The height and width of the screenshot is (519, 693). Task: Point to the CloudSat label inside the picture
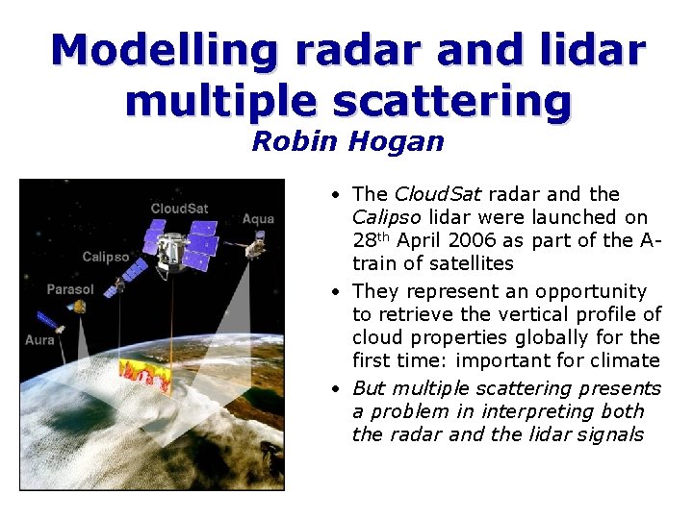(x=179, y=209)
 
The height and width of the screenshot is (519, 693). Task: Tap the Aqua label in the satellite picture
(x=258, y=219)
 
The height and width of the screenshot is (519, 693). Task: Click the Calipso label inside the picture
(x=106, y=257)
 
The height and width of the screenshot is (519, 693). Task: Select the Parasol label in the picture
(x=70, y=289)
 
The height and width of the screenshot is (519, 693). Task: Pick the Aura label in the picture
(x=39, y=339)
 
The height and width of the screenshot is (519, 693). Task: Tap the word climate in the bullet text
(x=624, y=360)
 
